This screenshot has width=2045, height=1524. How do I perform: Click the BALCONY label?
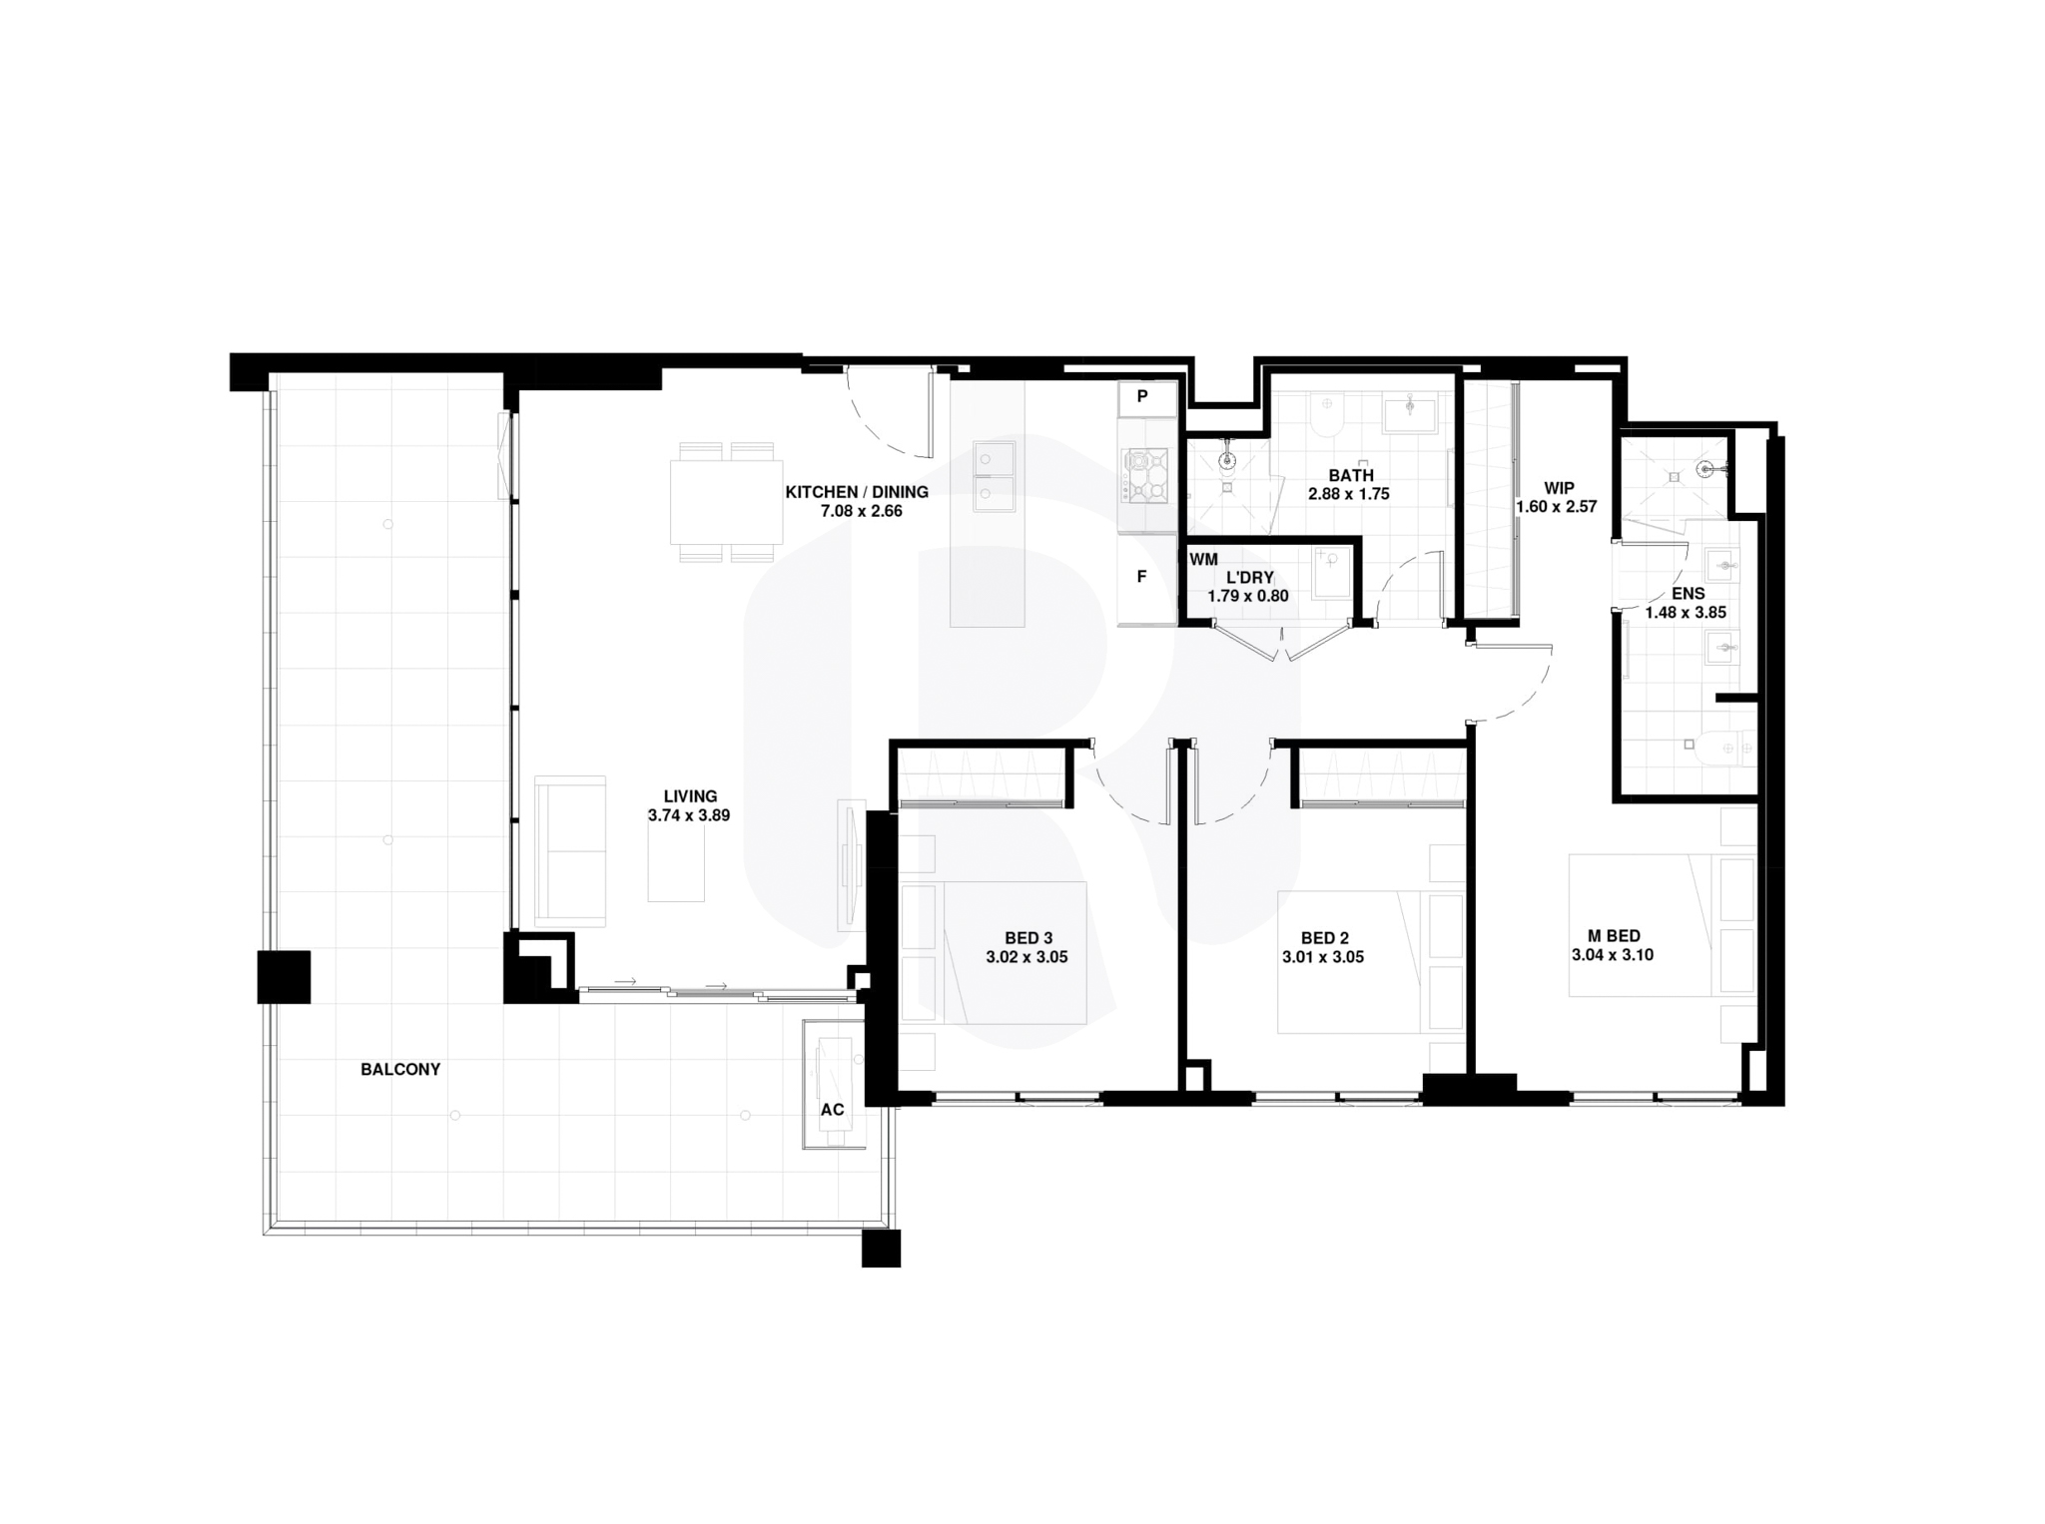(400, 1069)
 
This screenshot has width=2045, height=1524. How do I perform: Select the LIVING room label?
(690, 796)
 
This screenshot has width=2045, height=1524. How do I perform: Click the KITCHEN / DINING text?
(857, 492)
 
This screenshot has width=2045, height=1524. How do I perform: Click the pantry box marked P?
(1143, 397)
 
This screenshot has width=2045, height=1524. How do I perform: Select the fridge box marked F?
(1143, 577)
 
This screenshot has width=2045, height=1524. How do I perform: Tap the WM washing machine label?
(1203, 560)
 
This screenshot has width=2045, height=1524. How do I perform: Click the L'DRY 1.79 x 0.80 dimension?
(1248, 596)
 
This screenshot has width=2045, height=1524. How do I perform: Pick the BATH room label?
(1350, 475)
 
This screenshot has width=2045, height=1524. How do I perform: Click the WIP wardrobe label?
(1559, 488)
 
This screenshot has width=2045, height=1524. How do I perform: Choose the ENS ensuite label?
(1688, 594)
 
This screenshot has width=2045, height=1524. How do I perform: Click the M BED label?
(1614, 936)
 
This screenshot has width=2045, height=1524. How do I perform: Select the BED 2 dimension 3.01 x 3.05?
(1323, 957)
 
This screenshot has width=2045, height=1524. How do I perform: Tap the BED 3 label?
(1028, 938)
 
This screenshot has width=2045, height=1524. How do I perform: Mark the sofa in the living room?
(570, 851)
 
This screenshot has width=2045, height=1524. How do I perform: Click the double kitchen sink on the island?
(995, 476)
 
